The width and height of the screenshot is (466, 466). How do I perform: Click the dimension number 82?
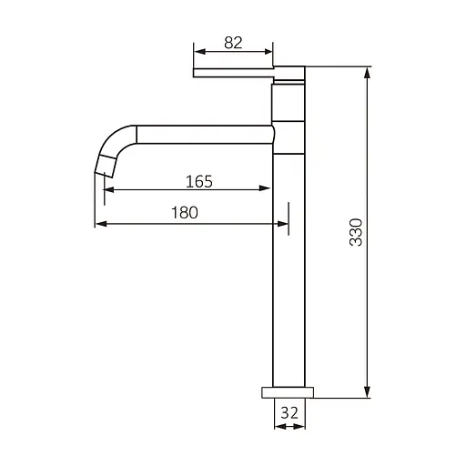pos(233,43)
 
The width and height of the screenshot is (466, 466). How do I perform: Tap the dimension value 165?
pos(199,182)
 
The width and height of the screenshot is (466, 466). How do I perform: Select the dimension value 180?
pos(185,212)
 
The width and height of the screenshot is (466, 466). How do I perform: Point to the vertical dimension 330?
pos(356,232)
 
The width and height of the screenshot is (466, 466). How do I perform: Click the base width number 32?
pos(289,412)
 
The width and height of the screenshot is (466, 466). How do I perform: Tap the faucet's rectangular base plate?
pos(288,392)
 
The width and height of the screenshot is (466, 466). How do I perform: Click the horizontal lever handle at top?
pos(234,73)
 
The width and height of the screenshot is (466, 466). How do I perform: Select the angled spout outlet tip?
pos(105,166)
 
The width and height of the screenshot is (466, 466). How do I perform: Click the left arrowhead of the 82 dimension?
pos(199,52)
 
